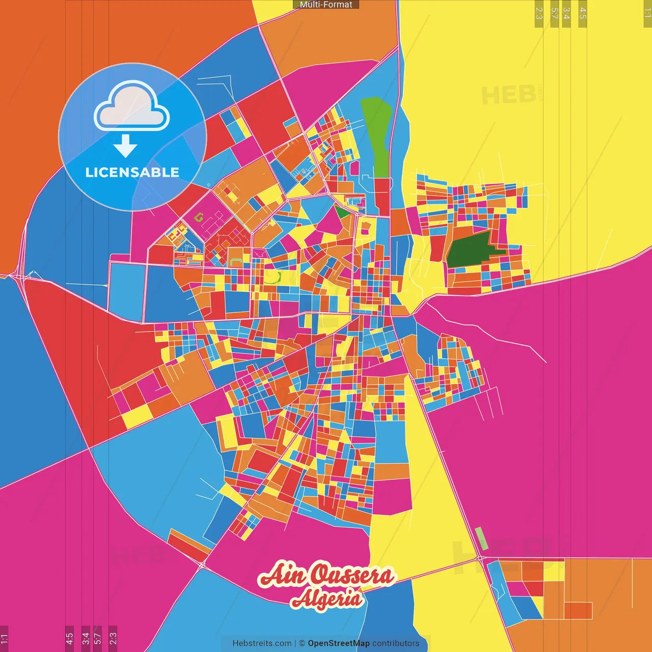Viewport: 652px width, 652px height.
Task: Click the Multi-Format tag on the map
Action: [326, 5]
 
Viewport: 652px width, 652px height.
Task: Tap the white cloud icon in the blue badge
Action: [132, 105]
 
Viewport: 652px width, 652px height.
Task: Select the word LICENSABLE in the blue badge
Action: [132, 172]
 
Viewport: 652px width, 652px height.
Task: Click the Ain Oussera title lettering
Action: [327, 576]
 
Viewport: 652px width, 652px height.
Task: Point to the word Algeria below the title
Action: [327, 599]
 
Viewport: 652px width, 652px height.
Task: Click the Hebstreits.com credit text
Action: [262, 643]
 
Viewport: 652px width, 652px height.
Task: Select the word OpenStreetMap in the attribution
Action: [339, 643]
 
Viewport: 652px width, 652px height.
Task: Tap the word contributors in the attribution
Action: [396, 643]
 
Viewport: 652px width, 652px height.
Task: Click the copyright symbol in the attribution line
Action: [302, 643]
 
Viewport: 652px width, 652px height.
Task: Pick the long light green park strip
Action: [378, 135]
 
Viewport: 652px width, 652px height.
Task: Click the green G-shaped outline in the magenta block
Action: [199, 217]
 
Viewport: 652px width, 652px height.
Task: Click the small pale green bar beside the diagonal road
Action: [481, 538]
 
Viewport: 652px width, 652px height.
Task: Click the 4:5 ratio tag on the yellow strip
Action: [583, 14]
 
